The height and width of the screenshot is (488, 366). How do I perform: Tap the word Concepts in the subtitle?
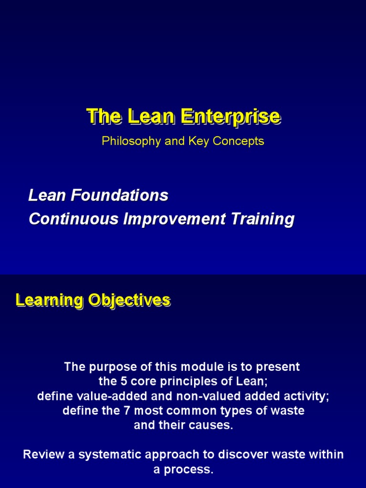point(241,142)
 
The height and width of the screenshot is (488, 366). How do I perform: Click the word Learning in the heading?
point(43,300)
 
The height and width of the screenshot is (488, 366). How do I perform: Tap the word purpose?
point(107,367)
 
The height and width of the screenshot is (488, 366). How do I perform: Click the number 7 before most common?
point(117,411)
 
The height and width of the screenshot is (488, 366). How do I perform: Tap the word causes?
point(214,426)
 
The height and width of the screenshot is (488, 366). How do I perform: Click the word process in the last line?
point(189,469)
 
